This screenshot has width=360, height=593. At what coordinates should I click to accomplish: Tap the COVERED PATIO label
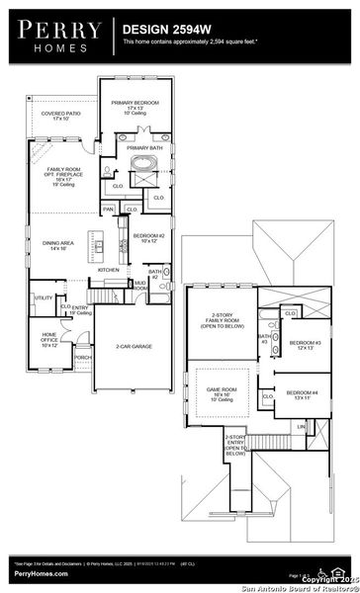click(61, 116)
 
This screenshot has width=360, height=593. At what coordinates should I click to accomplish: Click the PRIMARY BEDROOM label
click(135, 105)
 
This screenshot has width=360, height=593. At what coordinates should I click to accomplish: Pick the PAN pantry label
click(109, 210)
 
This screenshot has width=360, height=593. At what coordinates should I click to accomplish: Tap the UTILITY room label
click(45, 297)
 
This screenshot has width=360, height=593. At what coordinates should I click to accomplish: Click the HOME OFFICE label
click(49, 338)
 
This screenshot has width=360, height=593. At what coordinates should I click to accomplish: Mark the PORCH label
click(82, 358)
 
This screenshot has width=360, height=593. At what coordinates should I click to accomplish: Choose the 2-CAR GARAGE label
click(133, 347)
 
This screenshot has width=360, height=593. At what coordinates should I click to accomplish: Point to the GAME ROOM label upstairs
click(221, 392)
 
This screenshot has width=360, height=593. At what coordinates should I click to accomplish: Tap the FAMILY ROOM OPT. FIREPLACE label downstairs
click(62, 176)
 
